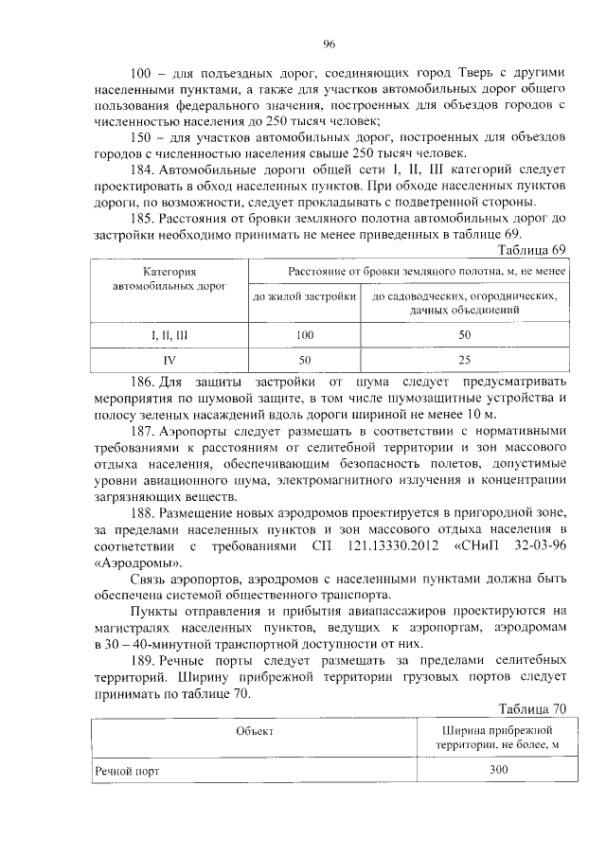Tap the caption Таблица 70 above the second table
click(x=531, y=708)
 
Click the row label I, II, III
click(x=169, y=335)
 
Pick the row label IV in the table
click(x=169, y=361)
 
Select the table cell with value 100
click(x=304, y=335)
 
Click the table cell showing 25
click(x=464, y=361)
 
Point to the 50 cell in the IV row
click(x=304, y=361)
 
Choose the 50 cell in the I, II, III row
click(x=464, y=335)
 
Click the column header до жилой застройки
click(x=304, y=297)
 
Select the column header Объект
click(x=255, y=731)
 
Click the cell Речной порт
click(x=127, y=772)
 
